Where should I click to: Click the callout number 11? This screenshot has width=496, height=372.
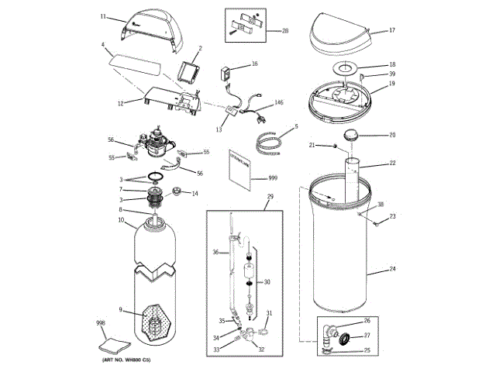103,15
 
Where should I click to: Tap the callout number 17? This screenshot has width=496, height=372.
392,30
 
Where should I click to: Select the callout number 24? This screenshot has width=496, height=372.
392,270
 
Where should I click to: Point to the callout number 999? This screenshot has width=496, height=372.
273,178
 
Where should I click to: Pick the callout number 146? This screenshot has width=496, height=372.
280,102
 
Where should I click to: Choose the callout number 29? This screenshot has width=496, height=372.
270,198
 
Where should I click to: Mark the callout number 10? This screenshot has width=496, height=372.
121,221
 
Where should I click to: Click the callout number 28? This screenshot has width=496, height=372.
285,31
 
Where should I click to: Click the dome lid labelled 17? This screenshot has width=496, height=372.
341,35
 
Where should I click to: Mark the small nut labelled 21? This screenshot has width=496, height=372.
336,145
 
